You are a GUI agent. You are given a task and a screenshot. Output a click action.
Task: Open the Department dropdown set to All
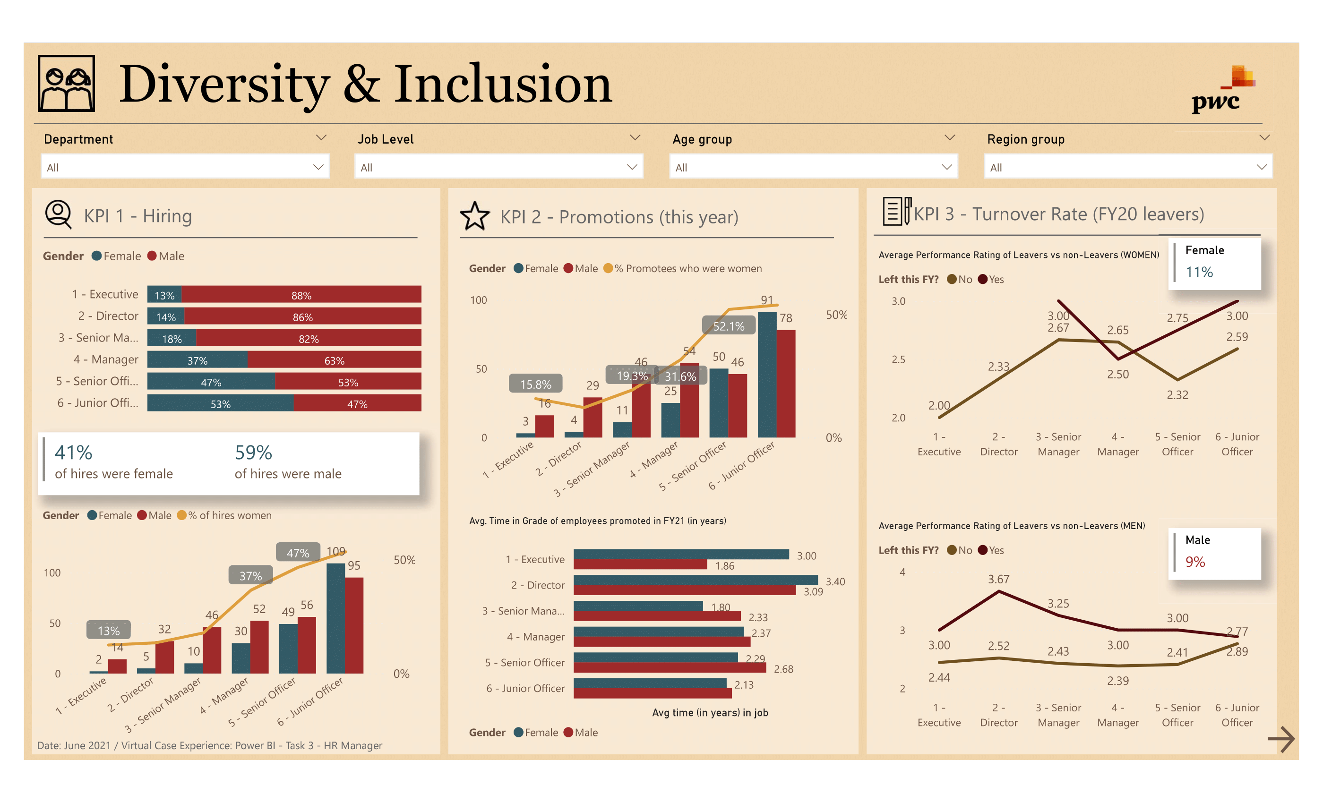point(184,167)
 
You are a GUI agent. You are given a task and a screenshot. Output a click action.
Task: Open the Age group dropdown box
point(813,167)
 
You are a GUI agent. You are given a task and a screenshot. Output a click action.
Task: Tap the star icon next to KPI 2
point(475,216)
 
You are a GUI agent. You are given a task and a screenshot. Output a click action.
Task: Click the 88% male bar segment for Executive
point(301,295)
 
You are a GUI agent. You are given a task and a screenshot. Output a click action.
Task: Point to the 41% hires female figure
point(74,453)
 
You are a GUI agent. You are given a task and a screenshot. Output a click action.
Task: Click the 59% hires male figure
point(253,453)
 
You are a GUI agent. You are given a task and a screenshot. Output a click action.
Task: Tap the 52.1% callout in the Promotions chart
point(728,326)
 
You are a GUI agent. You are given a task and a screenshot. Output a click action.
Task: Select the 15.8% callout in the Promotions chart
point(535,384)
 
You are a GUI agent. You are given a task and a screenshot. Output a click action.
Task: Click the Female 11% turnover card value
point(1199,272)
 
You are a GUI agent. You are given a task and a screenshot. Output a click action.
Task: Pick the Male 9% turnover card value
point(1195,562)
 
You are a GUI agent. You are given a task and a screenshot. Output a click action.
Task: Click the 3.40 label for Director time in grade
point(835,581)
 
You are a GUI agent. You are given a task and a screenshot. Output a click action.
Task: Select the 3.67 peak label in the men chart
point(998,579)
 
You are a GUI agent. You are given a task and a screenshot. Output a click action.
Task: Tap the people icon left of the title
point(67,83)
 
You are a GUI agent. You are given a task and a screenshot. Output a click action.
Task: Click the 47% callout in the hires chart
point(298,553)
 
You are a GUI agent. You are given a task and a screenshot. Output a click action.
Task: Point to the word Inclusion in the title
point(503,84)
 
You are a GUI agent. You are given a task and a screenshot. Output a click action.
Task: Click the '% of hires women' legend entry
point(229,515)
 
